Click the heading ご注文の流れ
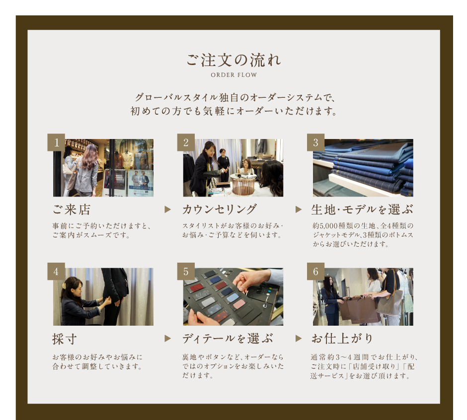pyautogui.click(x=233, y=60)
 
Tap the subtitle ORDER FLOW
pyautogui.click(x=234, y=75)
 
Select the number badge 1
pyautogui.click(x=56, y=142)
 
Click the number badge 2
pyautogui.click(x=186, y=142)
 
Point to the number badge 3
pyautogui.click(x=315, y=142)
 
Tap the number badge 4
pyautogui.click(x=56, y=271)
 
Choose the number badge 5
pyautogui.click(x=186, y=271)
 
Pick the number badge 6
pyautogui.click(x=315, y=271)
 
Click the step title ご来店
pyautogui.click(x=72, y=210)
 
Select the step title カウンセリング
pyautogui.click(x=219, y=210)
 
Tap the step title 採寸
pyautogui.click(x=65, y=339)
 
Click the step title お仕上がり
pyautogui.click(x=342, y=339)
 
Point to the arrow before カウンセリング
pyautogui.click(x=168, y=210)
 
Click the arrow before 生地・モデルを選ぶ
pyautogui.click(x=299, y=210)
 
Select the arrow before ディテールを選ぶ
pyautogui.click(x=168, y=339)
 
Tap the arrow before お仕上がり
pyautogui.click(x=299, y=339)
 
